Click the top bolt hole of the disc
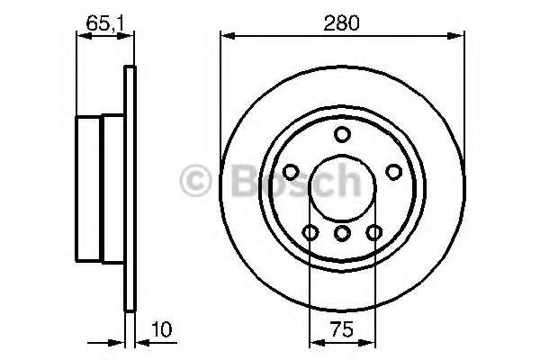pyautogui.click(x=341, y=135)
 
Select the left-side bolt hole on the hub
pyautogui.click(x=290, y=172)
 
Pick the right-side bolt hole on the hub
pyautogui.click(x=392, y=172)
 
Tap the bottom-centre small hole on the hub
pyautogui.click(x=341, y=234)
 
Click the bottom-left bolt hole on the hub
pyautogui.click(x=310, y=234)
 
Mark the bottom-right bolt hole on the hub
pyautogui.click(x=373, y=234)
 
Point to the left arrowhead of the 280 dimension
pyautogui.click(x=226, y=36)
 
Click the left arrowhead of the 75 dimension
pyautogui.click(x=314, y=342)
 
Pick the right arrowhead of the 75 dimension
pyautogui.click(x=369, y=342)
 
